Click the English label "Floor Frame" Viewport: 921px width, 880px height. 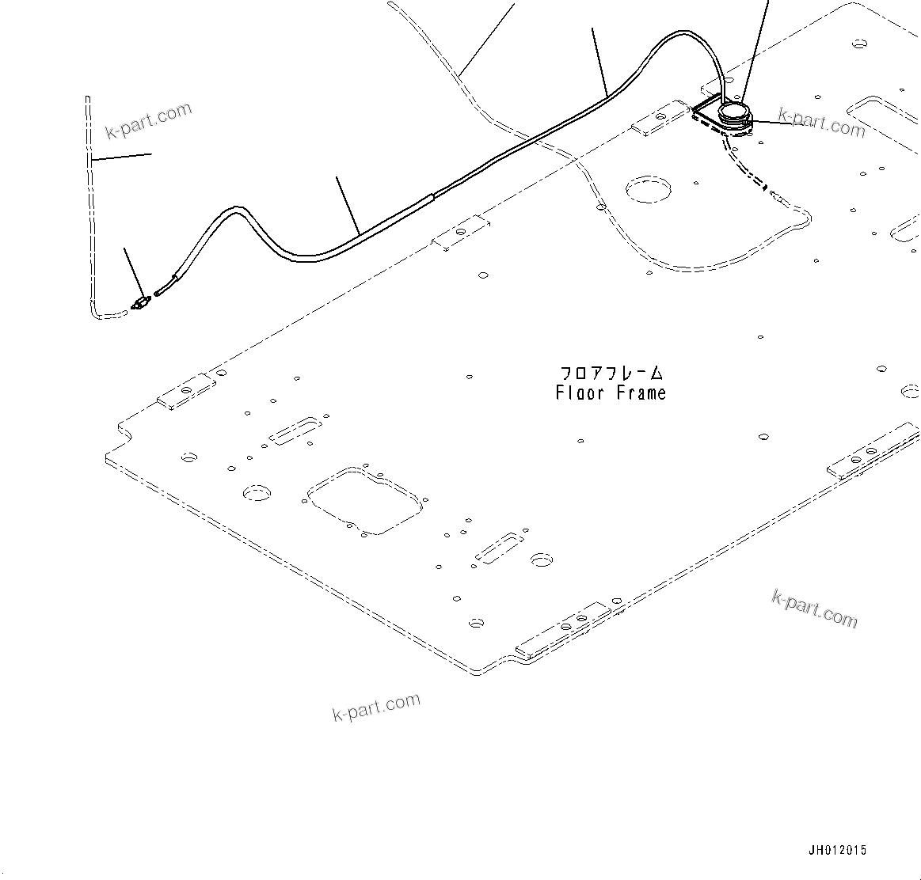pyautogui.click(x=611, y=393)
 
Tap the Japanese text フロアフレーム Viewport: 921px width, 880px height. pyautogui.click(x=611, y=373)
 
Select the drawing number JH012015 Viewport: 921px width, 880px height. pyautogui.click(x=837, y=850)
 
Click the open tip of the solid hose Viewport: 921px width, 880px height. pyautogui.click(x=159, y=293)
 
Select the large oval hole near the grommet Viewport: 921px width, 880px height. pyautogui.click(x=648, y=190)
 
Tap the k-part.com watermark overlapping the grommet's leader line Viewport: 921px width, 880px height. pyautogui.click(x=822, y=122)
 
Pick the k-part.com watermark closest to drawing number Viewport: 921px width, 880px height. pyautogui.click(x=814, y=609)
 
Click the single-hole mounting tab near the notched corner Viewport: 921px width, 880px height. pyautogui.click(x=185, y=393)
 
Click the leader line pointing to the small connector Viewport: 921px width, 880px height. pyautogui.click(x=133, y=272)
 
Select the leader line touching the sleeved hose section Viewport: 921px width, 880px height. pyautogui.click(x=348, y=206)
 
